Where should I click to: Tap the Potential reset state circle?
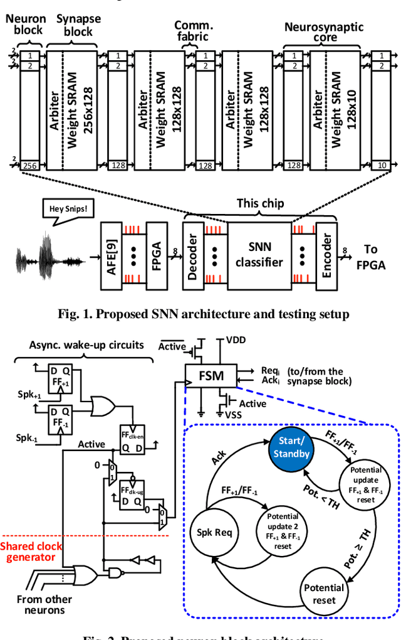tap(323, 594)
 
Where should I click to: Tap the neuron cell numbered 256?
tap(29, 165)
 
